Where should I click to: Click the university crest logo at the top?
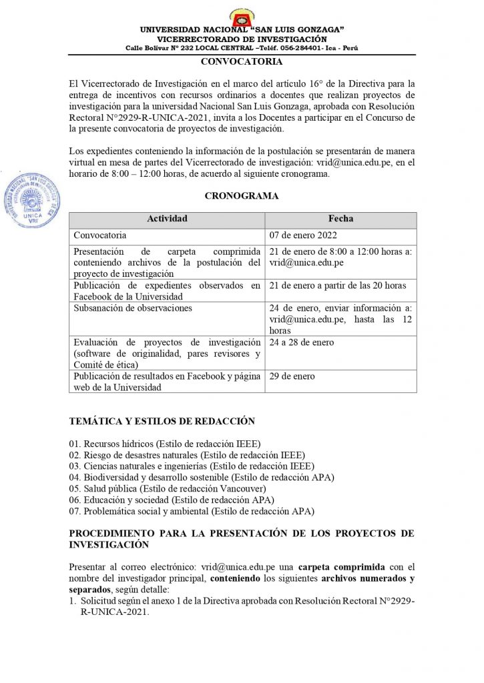(241, 16)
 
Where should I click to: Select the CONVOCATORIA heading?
(242, 62)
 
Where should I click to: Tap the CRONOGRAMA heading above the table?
(242, 196)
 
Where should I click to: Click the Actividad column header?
(167, 219)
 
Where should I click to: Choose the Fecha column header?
(340, 219)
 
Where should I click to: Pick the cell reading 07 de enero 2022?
(303, 235)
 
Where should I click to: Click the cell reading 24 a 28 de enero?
(301, 343)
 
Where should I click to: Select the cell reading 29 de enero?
(292, 377)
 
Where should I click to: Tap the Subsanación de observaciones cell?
(133, 308)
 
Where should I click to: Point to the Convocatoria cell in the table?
(99, 235)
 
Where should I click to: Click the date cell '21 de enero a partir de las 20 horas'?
(337, 286)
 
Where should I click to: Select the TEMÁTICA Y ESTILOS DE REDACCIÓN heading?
(162, 422)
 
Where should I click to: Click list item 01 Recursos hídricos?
(164, 444)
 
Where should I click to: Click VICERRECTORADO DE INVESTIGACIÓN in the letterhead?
(242, 39)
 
